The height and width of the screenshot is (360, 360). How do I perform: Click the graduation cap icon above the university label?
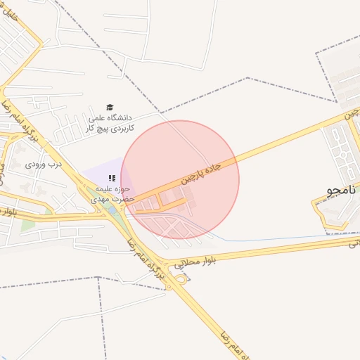click(109, 107)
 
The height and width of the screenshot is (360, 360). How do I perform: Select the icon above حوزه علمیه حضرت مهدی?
click(111, 178)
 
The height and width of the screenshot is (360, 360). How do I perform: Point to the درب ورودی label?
click(44, 165)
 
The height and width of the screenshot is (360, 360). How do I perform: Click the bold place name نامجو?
click(342, 191)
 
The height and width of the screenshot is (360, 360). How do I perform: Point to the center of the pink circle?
click(180, 179)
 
